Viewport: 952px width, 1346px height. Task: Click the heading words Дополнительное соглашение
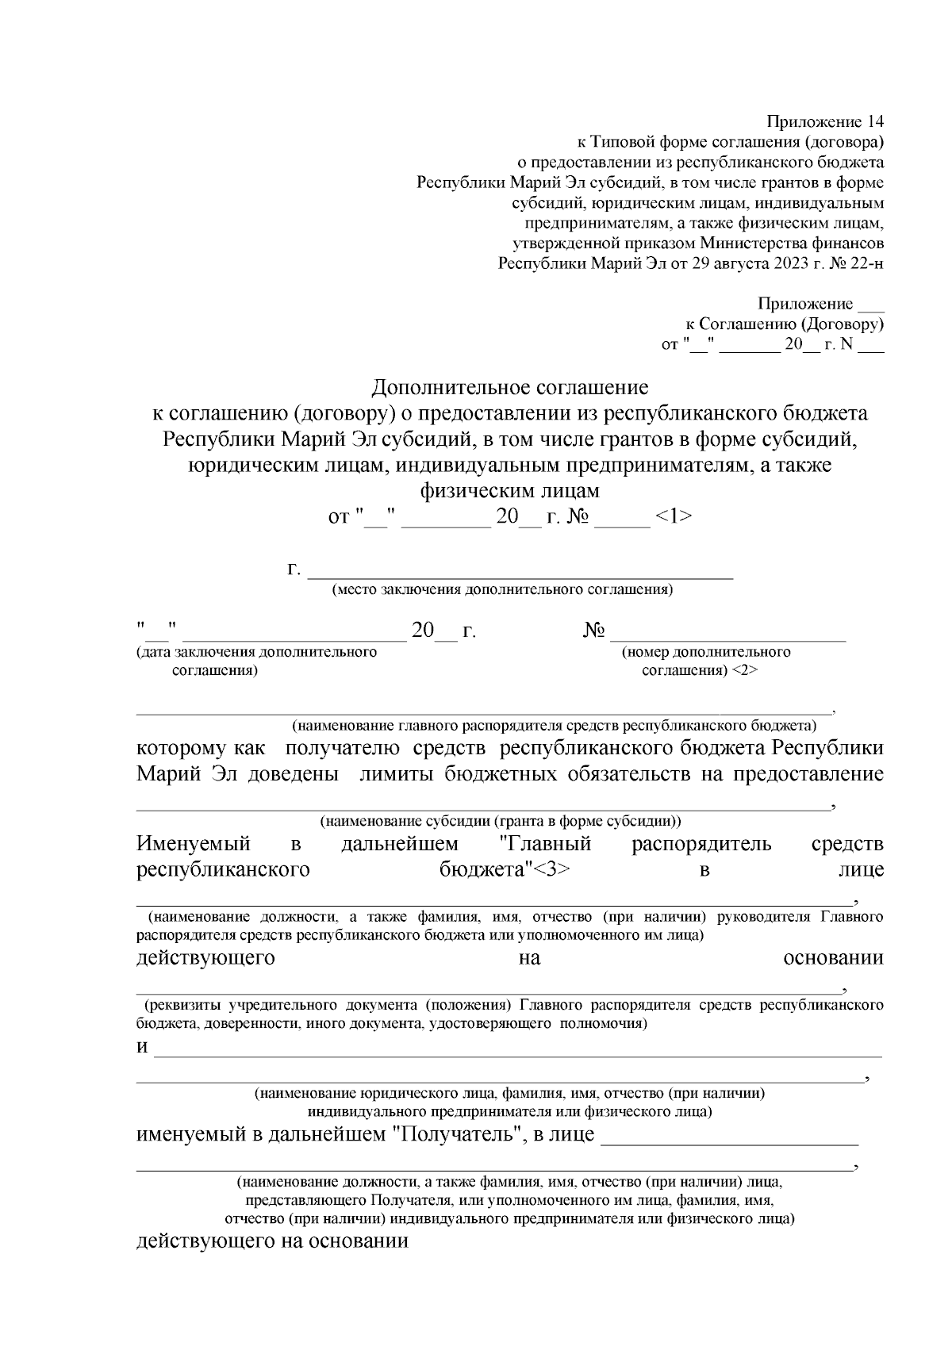tap(510, 387)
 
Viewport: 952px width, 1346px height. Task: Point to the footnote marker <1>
tap(673, 516)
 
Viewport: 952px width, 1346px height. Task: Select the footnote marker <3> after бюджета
tap(549, 869)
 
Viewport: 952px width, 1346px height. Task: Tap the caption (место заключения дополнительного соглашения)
tap(503, 589)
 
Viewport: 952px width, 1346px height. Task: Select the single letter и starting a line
tap(143, 1048)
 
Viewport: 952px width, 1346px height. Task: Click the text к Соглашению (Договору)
tap(785, 324)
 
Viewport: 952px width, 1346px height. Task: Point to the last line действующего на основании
tap(272, 1241)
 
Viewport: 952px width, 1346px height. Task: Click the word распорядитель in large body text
tap(701, 843)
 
